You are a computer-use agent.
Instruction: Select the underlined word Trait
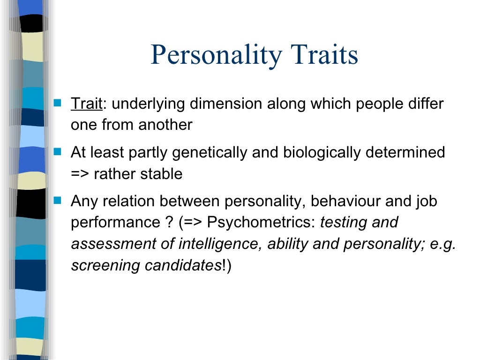[86, 104]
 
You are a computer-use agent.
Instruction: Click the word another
[167, 125]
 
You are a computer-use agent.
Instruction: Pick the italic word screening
[105, 266]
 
